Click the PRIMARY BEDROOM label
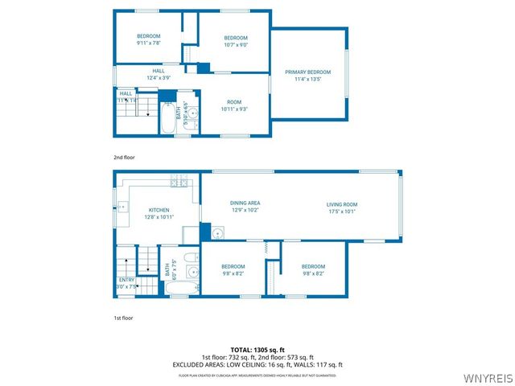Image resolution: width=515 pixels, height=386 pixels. pos(307,72)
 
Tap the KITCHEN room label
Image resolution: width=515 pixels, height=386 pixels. pos(158,210)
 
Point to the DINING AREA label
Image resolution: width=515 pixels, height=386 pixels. pos(245,203)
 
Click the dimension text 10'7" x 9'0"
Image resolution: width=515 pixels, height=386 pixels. pos(235,45)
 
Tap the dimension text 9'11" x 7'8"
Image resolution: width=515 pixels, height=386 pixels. pos(148,43)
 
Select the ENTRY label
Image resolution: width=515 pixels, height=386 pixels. pos(127,279)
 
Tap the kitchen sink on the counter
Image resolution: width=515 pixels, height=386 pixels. pos(122,207)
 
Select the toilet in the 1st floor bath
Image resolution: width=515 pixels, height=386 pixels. pos(191,259)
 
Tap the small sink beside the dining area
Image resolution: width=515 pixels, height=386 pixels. pos(218,233)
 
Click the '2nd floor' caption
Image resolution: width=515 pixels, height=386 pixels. pos(123,157)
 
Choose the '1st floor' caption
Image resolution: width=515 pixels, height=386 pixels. pos(123,318)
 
